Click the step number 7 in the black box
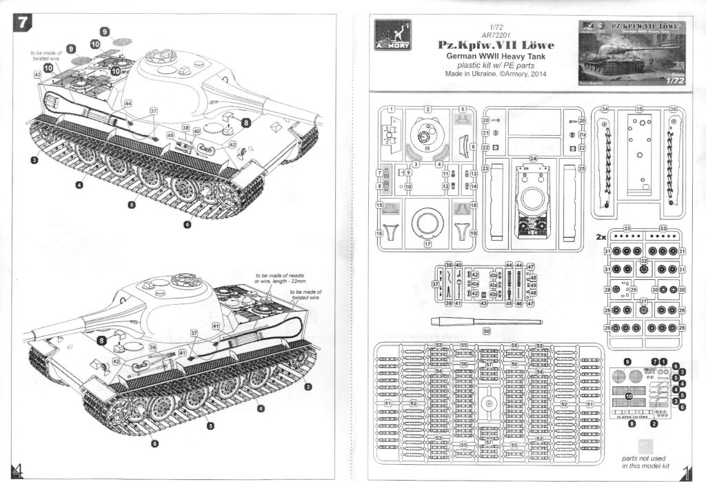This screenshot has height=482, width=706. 23,21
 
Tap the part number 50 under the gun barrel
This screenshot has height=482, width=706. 487,330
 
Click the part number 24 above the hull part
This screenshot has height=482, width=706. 532,158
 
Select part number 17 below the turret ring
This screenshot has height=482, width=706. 427,243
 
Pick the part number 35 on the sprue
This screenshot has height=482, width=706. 638,109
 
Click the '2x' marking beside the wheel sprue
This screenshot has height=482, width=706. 601,235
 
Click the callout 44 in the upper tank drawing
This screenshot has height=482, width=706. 128,103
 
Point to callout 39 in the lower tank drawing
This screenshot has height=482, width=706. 152,346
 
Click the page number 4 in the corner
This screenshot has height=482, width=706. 18,468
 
